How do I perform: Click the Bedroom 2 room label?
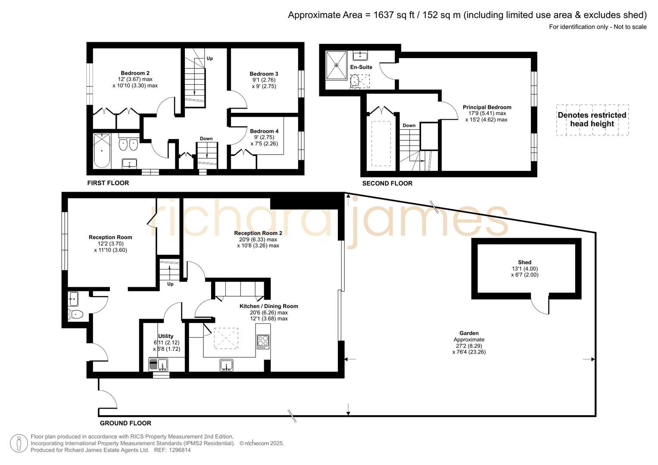(135, 73)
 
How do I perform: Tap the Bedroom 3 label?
(264, 74)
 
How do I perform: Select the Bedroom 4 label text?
(264, 131)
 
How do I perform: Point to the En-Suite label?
(361, 67)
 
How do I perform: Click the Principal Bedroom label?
(487, 107)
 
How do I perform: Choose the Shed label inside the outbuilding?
(524, 262)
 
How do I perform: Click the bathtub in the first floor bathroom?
(102, 151)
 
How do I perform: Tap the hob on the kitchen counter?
(263, 341)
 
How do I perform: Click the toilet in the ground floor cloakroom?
(76, 314)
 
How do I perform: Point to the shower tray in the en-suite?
(336, 65)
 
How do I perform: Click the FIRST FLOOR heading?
(108, 183)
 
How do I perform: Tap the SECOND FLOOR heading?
(387, 183)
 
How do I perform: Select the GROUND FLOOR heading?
(125, 423)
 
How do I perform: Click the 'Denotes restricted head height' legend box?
(592, 120)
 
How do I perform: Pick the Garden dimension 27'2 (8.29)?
(469, 346)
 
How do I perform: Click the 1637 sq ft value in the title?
(393, 15)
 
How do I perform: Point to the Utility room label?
(165, 336)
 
